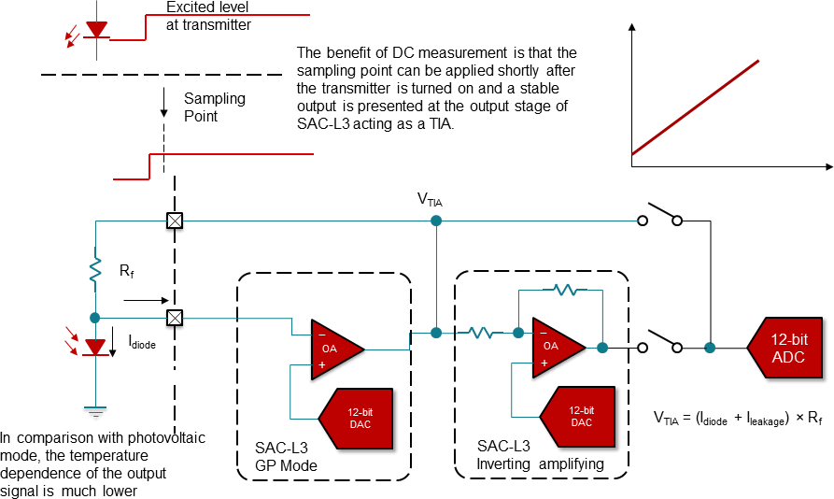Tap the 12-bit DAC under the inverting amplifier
click(578, 416)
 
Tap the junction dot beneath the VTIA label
click(436, 221)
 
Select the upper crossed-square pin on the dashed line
click(174, 221)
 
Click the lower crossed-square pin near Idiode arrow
click(174, 318)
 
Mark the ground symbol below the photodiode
click(94, 407)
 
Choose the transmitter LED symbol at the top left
click(96, 30)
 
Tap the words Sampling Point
click(214, 107)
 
